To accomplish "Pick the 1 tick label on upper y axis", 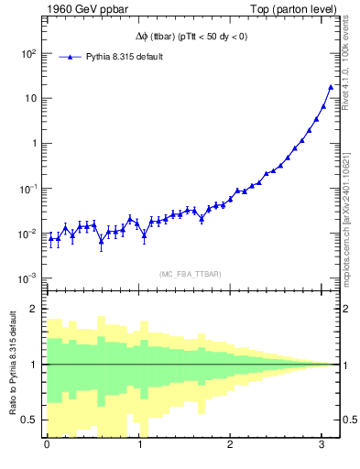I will (x=32, y=144).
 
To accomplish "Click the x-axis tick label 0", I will (x=47, y=445).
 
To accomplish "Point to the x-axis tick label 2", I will (x=231, y=445).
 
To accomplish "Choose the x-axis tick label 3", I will (x=322, y=445).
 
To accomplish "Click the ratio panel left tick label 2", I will (x=32, y=309).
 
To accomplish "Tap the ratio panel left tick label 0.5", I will (x=27, y=420).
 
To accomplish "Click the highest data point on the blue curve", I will (x=331, y=87).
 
